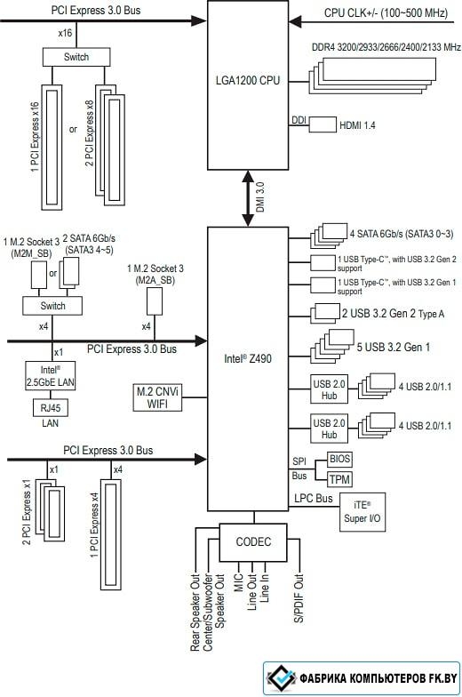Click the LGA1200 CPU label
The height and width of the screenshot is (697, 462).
pos(248,80)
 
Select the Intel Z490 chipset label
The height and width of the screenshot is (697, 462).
pos(247,359)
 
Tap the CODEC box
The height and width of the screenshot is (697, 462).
pos(253,542)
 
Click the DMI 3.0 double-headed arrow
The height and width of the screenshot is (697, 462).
pos(248,199)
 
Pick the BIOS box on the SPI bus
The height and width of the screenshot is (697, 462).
pos(339,459)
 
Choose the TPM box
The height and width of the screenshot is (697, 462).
pos(339,480)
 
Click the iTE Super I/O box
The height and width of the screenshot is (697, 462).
pos(362,512)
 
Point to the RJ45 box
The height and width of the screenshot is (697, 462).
pos(50,407)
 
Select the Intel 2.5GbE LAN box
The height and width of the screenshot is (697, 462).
pos(50,376)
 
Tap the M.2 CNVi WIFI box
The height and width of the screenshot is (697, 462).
pos(157,397)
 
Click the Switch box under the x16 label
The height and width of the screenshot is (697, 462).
pos(76,57)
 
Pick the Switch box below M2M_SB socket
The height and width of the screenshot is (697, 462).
pos(52,306)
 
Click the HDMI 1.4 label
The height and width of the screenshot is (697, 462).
pos(357,126)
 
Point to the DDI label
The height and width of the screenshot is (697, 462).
pos(299,120)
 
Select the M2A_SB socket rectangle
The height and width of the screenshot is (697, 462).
pos(155,300)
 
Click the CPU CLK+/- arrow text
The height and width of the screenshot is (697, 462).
pos(386,12)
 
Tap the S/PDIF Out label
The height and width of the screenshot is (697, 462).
pos(299,598)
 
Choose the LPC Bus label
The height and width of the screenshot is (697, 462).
pos(313,499)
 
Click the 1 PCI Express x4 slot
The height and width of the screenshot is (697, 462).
pos(111,534)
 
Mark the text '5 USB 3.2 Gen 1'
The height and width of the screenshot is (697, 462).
pos(393,347)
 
